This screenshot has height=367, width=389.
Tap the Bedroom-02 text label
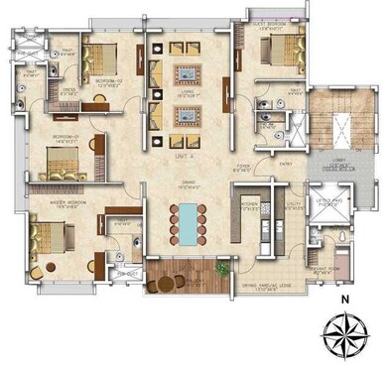click(108, 83)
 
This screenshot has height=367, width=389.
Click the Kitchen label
click(250, 206)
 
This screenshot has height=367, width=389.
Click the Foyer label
click(244, 170)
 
